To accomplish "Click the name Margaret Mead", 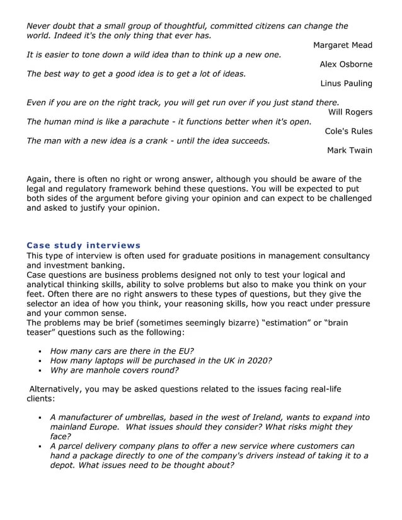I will point(342,45).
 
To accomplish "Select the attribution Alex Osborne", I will point(345,64).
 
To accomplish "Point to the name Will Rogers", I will point(350,112).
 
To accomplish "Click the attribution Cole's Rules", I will point(348,131).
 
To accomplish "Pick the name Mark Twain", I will point(349,150).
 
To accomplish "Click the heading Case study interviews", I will point(83,245).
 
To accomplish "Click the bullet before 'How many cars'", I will point(39,351).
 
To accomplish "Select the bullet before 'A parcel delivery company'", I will point(39,446).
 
